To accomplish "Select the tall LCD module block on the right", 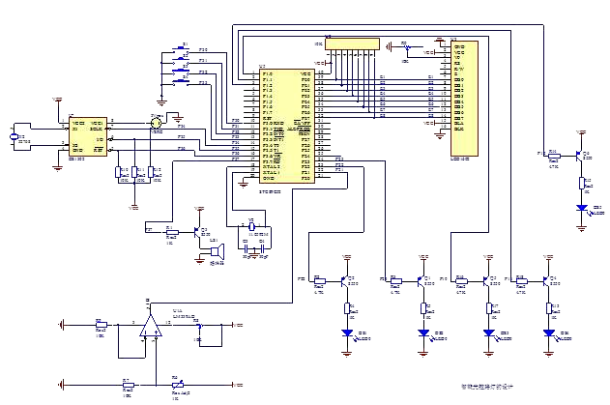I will [466, 97].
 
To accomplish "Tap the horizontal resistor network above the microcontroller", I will [353, 43].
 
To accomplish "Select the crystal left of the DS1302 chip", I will [14, 137].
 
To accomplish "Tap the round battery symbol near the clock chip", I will [156, 122].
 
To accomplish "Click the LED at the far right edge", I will [582, 207].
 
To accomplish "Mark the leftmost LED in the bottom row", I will [348, 332].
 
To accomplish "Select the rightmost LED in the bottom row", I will [548, 332].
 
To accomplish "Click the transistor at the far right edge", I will [579, 154].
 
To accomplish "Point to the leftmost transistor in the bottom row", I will [345, 280].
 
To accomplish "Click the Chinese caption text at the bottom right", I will [483, 387].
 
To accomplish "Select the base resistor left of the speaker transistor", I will [170, 232].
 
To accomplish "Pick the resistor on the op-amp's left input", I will [101, 326].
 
